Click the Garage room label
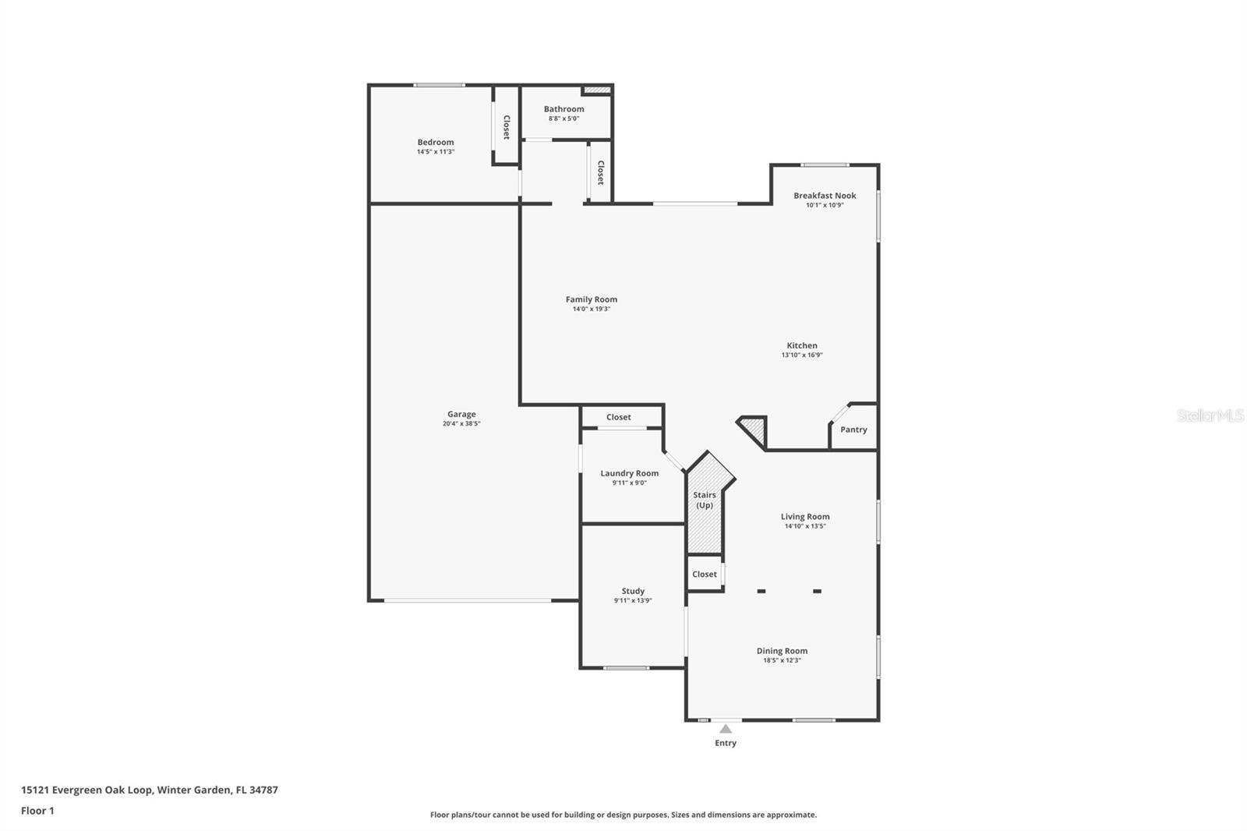click(x=461, y=415)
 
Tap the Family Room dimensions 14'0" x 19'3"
click(x=592, y=309)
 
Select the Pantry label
click(x=853, y=430)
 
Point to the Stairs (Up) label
click(x=705, y=500)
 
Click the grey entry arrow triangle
click(x=726, y=729)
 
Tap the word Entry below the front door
click(x=726, y=743)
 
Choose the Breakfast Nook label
click(x=825, y=196)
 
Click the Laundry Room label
click(x=629, y=473)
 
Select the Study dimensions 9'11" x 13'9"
click(x=633, y=600)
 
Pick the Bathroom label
click(x=564, y=109)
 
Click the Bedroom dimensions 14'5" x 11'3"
click(x=436, y=151)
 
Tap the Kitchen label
click(x=802, y=345)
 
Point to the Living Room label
click(x=805, y=517)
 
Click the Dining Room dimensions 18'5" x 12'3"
click(x=782, y=660)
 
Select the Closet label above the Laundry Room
click(x=619, y=417)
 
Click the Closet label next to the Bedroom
click(x=507, y=127)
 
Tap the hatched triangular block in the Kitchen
click(x=754, y=430)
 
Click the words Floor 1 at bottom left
click(x=38, y=811)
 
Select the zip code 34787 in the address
click(x=263, y=790)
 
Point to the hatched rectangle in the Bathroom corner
click(x=597, y=90)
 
